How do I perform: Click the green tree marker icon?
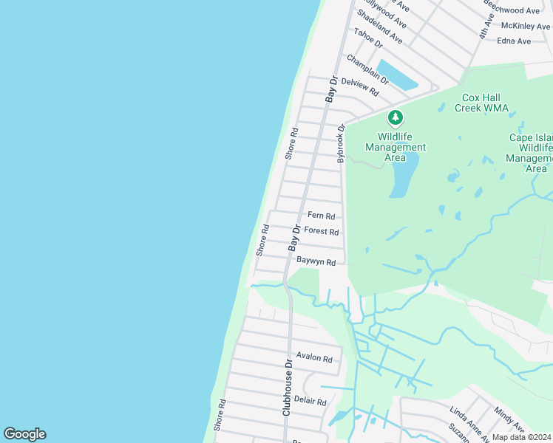[x=396, y=117]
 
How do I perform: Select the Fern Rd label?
[x=322, y=216]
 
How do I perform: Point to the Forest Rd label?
[x=321, y=231]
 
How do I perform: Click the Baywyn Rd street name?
[x=316, y=262]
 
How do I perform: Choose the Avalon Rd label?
[x=314, y=358]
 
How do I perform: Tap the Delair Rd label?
[x=310, y=401]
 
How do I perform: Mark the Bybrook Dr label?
[x=341, y=143]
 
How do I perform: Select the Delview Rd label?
[x=362, y=89]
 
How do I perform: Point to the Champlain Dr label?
[x=367, y=69]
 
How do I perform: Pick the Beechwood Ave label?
[x=511, y=10]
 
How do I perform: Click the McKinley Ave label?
[x=525, y=26]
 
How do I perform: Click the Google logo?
[x=24, y=434]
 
